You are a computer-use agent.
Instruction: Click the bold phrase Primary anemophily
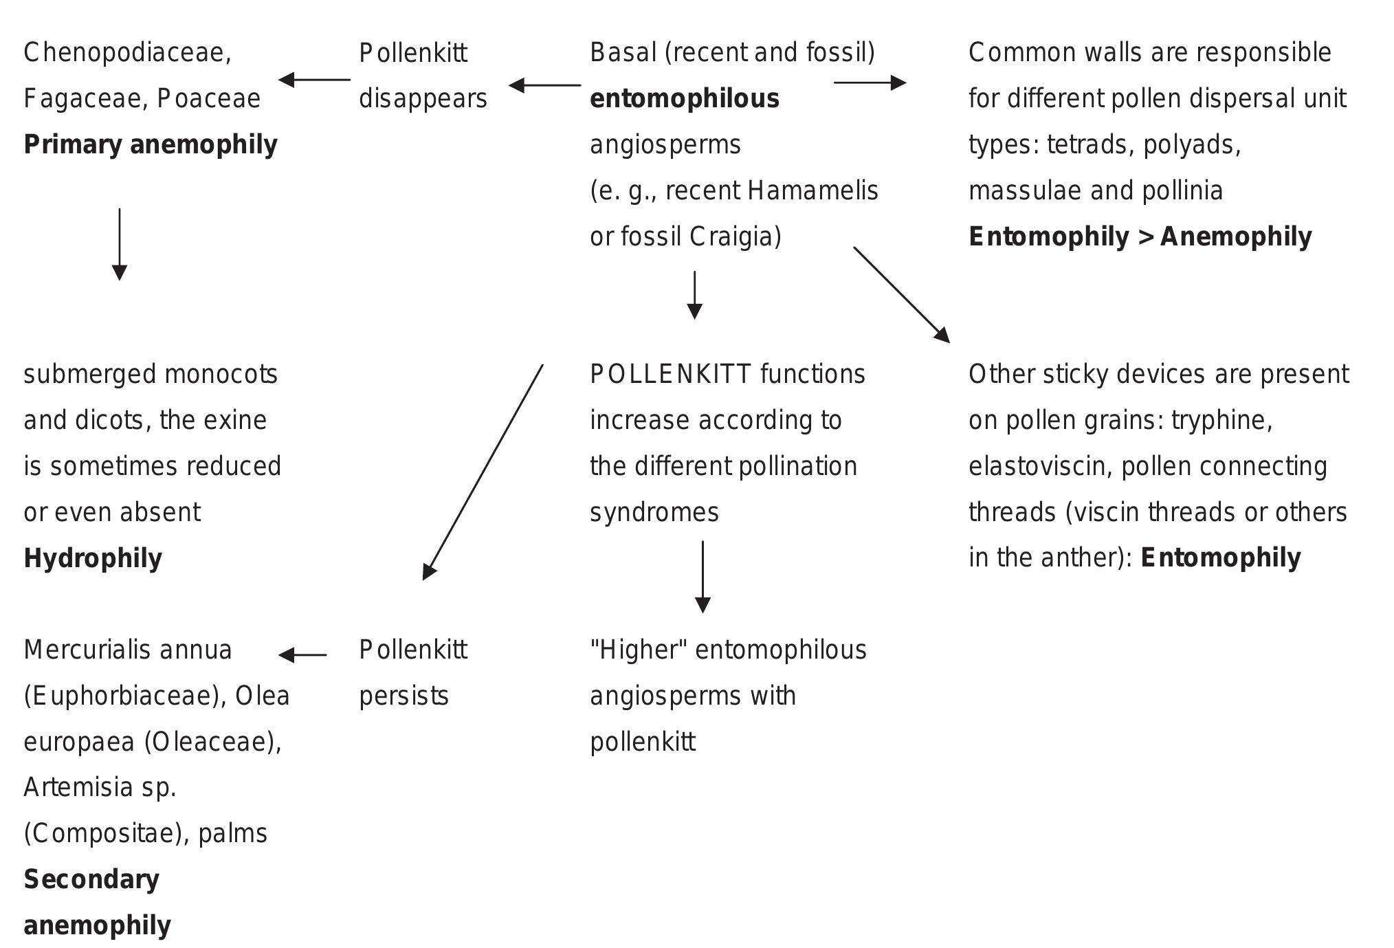coord(150,144)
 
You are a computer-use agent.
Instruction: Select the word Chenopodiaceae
coord(126,53)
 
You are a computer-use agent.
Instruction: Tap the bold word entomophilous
coord(684,99)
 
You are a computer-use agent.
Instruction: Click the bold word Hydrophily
coord(93,558)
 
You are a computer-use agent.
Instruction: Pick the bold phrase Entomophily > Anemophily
coord(1140,236)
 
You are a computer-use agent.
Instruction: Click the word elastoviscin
coord(1040,466)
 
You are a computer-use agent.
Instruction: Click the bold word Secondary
coord(91,879)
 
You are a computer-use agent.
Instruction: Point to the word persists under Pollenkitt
coord(403,696)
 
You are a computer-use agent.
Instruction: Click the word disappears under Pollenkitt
coord(423,99)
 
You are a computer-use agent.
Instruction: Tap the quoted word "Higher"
coord(639,650)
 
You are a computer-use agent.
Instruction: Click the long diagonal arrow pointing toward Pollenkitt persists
coord(483,472)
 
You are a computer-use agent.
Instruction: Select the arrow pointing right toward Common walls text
coord(870,82)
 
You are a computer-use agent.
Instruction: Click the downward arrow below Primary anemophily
coord(120,244)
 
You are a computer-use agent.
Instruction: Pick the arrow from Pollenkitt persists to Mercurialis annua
coord(302,655)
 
